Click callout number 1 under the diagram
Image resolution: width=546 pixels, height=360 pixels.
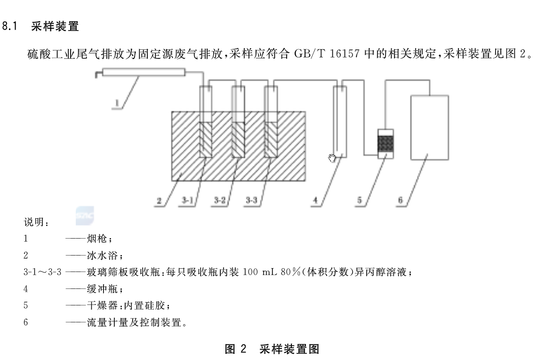[x=117, y=103]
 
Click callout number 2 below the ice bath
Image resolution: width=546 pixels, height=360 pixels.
[x=159, y=200]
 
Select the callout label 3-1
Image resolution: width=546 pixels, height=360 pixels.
[x=187, y=200]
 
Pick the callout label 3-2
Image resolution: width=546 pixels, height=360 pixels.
[x=220, y=200]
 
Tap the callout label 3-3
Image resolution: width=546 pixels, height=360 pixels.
[x=251, y=200]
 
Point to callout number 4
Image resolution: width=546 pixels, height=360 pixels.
[x=315, y=200]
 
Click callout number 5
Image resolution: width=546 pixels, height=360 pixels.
[x=360, y=200]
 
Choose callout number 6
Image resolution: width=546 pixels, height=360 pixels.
[x=401, y=200]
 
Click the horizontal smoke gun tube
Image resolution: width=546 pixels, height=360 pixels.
[x=144, y=72]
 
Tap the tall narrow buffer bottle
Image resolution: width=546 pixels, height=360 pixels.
[x=340, y=121]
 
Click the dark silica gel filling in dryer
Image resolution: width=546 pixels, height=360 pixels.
[x=386, y=144]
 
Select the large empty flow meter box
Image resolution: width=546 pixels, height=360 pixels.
[x=430, y=128]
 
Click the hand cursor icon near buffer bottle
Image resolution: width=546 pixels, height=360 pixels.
[x=332, y=158]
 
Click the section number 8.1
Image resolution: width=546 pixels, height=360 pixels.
[x=10, y=26]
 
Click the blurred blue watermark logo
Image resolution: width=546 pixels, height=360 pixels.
[x=85, y=216]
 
